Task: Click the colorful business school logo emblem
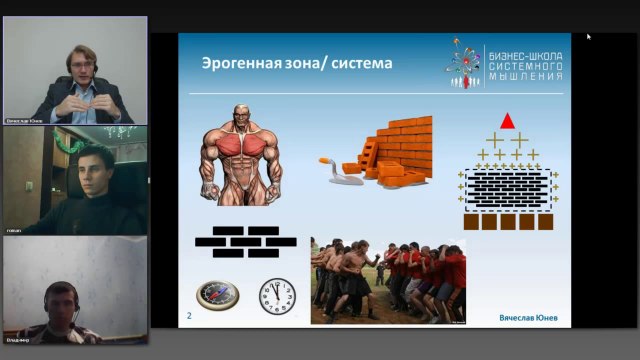pos(463,62)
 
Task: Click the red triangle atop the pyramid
pos(507,121)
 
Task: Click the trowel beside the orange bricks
pos(337,166)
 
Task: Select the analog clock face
pos(277,296)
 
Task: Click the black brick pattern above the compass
pos(245,237)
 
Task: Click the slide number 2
pos(189,316)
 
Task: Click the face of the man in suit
pos(79,61)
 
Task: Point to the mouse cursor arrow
pos(588,37)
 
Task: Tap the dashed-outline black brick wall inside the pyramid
pos(508,187)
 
